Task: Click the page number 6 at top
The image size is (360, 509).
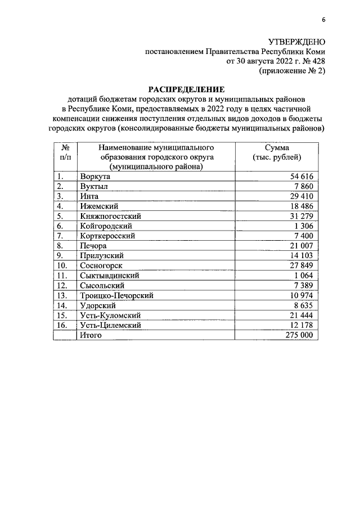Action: click(323, 21)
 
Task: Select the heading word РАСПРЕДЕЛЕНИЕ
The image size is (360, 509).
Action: click(186, 89)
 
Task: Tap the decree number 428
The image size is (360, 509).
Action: click(317, 61)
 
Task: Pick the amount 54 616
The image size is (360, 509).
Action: click(305, 176)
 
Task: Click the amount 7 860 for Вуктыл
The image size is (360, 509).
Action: click(308, 186)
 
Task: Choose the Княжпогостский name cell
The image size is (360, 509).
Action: click(110, 216)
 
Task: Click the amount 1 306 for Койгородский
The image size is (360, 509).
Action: click(308, 226)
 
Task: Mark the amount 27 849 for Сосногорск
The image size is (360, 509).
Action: click(305, 265)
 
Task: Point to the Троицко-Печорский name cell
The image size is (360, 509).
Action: click(117, 295)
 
